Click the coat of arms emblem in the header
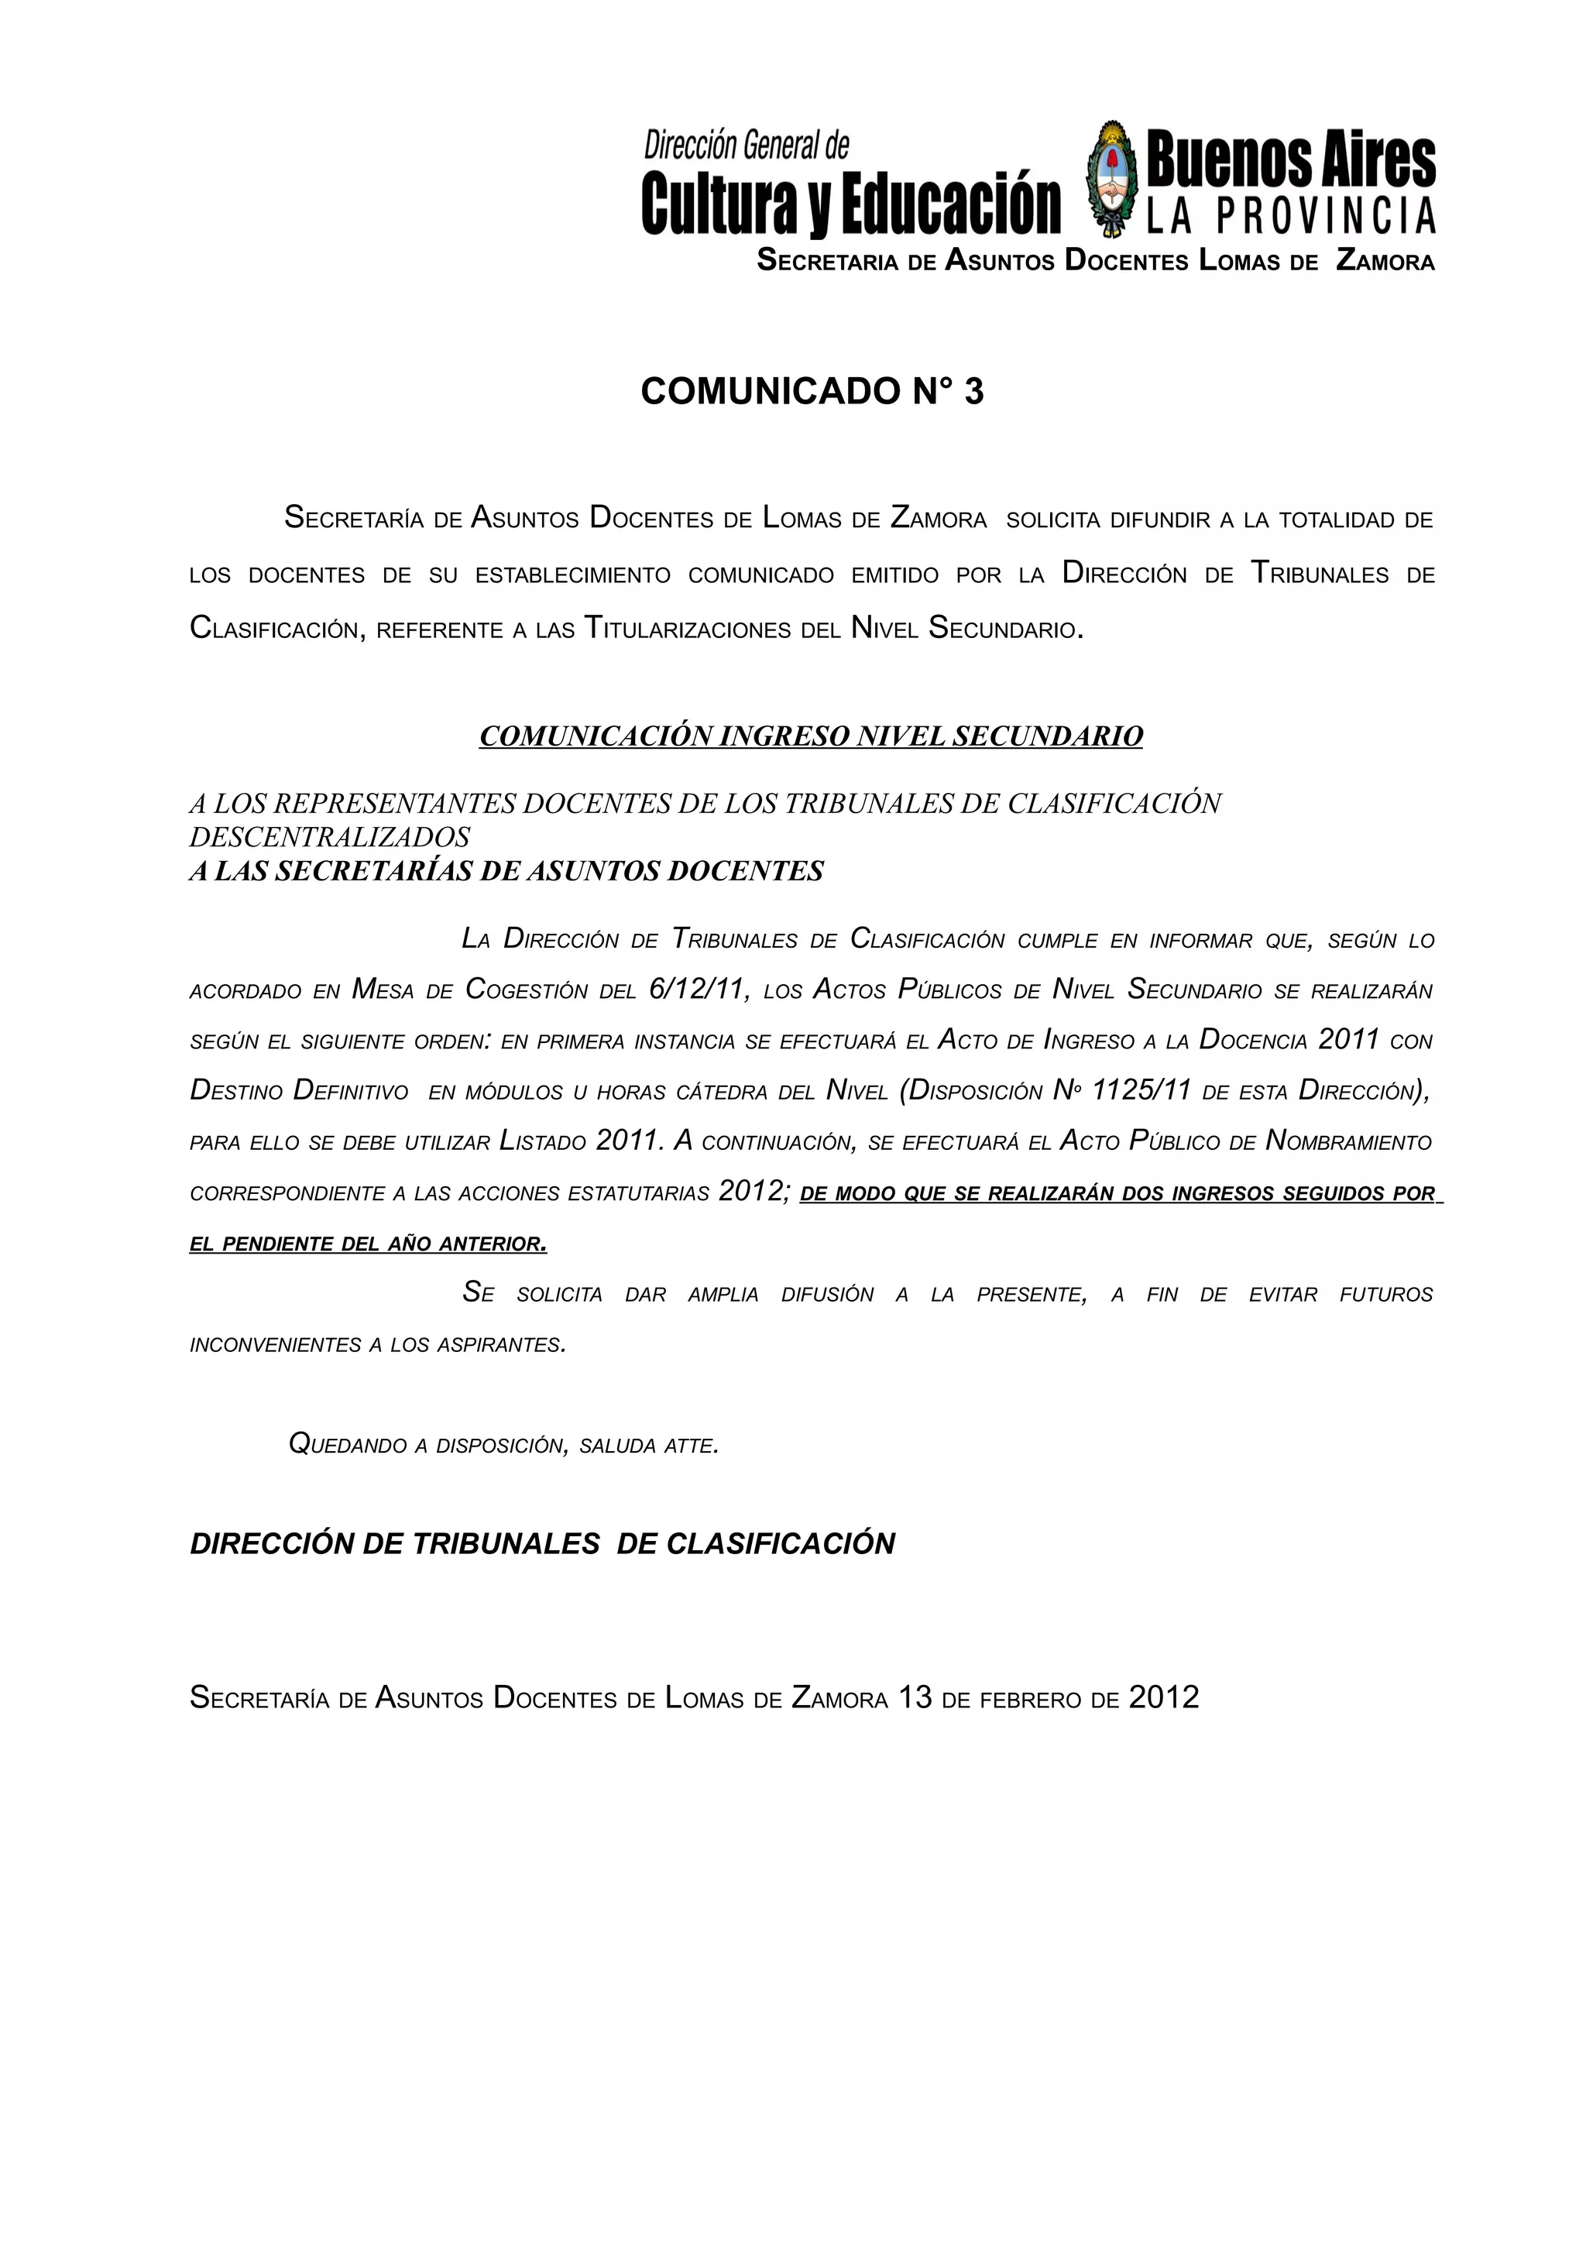[x=1112, y=179]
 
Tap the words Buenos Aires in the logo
[x=1290, y=161]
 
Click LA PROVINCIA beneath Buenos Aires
[x=1290, y=217]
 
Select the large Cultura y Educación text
[x=850, y=205]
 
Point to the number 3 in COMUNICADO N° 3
[x=973, y=391]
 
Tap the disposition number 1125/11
[x=1141, y=1092]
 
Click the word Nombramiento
[x=1348, y=1141]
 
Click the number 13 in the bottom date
[x=915, y=1697]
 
